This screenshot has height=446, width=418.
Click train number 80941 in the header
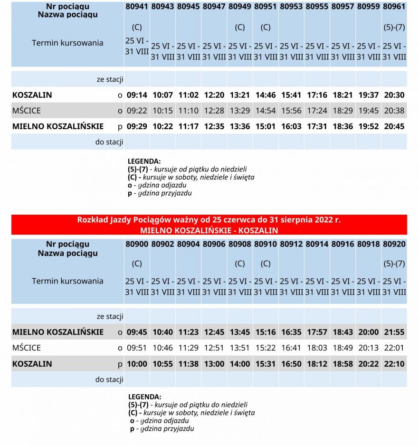[137, 7]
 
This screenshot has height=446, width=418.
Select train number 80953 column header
[291, 7]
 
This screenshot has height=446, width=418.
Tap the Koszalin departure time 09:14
[137, 95]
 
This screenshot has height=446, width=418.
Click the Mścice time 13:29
[239, 111]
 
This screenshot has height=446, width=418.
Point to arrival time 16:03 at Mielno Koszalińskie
[291, 127]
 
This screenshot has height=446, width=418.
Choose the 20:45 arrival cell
[394, 127]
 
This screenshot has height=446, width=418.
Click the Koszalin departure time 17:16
[317, 95]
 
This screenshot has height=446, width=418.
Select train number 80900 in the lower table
[137, 244]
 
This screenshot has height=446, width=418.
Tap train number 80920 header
[394, 244]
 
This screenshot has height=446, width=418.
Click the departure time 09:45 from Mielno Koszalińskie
[137, 332]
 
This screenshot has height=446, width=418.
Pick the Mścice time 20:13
[368, 348]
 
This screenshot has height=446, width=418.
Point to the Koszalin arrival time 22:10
[394, 364]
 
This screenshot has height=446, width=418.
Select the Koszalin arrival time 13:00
[214, 364]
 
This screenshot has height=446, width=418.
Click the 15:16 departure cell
[265, 332]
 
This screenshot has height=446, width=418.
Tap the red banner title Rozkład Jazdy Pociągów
[209, 220]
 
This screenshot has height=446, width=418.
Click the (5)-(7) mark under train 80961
[394, 27]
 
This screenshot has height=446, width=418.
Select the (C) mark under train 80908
[240, 264]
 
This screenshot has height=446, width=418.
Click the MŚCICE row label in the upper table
[27, 111]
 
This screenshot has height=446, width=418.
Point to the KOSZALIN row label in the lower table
[32, 364]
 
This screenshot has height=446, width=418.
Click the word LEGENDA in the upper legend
[144, 161]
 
